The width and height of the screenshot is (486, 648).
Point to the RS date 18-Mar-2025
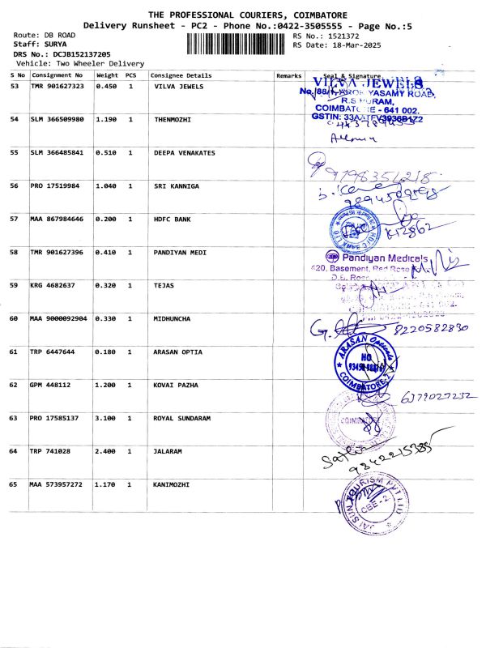(x=345, y=45)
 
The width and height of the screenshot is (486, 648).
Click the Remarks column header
(x=288, y=75)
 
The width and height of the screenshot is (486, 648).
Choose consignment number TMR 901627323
(x=57, y=86)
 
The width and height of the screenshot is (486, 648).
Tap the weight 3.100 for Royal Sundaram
(x=107, y=418)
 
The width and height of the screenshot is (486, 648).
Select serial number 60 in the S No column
(x=14, y=318)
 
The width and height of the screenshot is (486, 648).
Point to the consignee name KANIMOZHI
(x=171, y=484)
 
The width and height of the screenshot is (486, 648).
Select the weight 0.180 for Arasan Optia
(x=107, y=352)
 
